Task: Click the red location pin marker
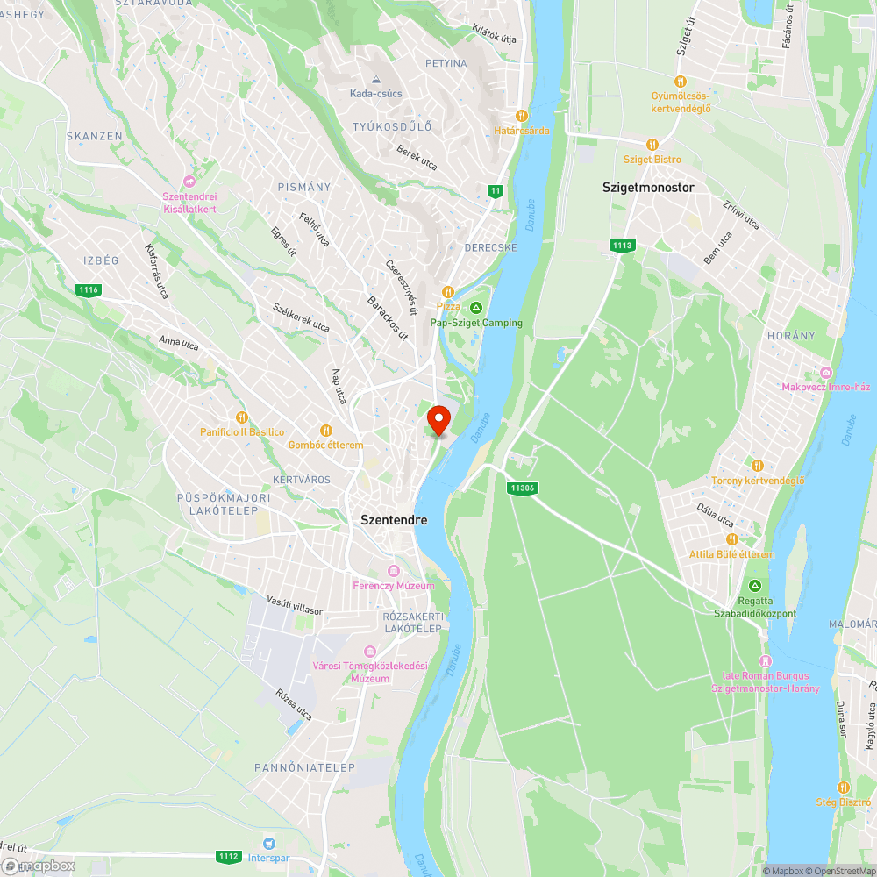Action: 438,419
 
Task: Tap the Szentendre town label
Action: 394,519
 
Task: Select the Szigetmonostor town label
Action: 648,188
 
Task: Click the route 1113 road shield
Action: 624,246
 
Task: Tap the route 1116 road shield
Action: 88,290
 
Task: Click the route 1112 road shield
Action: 229,856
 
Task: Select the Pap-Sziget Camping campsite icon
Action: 476,307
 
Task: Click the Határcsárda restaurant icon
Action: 522,115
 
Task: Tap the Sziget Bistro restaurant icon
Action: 652,144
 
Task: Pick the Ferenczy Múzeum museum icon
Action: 394,570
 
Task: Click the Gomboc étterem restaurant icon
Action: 325,430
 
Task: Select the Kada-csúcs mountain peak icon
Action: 375,79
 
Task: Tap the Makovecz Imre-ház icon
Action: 825,372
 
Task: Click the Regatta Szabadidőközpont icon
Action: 754,586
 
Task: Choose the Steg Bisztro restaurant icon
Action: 844,788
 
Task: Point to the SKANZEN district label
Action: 94,136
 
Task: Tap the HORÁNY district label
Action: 791,336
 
